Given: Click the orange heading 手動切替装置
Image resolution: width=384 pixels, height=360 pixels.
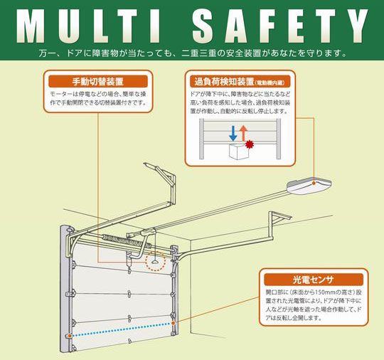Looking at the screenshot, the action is coord(97,81).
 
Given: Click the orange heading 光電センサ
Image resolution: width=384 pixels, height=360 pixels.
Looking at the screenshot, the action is coord(313,280).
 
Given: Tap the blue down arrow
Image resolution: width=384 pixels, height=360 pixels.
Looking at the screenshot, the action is coord(233,133).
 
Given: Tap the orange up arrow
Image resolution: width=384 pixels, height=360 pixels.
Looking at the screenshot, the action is coord(243,133).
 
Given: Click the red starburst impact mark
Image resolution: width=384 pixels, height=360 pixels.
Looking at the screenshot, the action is coord(250,144).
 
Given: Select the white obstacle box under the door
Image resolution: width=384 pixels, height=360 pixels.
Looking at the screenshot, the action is coord(239,152).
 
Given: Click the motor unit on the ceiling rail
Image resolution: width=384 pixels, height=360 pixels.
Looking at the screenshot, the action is coord(309,186).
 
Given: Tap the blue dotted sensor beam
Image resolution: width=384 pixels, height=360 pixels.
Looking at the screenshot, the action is coord(121,329).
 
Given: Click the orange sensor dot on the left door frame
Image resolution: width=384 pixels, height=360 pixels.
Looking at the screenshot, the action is coord(70,336).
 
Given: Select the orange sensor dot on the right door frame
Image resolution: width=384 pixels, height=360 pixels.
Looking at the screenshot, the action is coord(173,323).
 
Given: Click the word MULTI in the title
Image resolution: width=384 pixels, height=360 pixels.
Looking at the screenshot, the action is coord(89,26).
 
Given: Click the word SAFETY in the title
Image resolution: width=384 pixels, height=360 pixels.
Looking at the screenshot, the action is coord(280,26).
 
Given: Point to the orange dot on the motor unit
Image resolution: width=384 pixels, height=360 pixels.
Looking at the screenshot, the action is coord(314,183).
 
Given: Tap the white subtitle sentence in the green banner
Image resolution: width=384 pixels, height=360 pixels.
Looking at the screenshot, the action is coord(193,53).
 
